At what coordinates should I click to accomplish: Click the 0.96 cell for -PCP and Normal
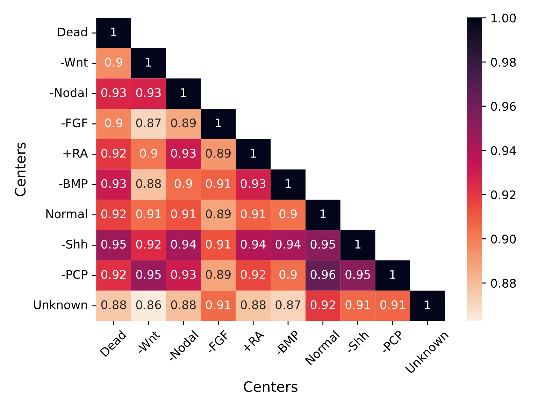(323, 275)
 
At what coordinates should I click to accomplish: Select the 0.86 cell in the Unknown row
(149, 305)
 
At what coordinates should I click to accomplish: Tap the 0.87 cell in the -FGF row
(149, 123)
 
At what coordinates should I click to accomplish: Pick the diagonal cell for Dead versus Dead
(114, 32)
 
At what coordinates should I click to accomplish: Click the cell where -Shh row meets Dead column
(114, 244)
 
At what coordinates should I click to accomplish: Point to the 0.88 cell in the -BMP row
(149, 184)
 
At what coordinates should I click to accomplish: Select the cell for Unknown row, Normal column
(323, 305)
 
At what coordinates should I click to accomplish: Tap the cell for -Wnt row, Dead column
(114, 63)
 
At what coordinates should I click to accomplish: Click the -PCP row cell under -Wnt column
(149, 275)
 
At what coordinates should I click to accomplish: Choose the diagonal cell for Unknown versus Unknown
(427, 305)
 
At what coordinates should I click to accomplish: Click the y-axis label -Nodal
(69, 93)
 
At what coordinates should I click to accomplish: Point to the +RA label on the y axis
(75, 153)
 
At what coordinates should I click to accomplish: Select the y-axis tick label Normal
(66, 214)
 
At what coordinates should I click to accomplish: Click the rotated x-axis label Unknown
(426, 351)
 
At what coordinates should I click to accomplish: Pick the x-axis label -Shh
(358, 341)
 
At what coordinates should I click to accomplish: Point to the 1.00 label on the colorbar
(503, 18)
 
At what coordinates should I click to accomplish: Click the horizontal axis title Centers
(270, 387)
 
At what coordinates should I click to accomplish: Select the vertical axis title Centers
(21, 169)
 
